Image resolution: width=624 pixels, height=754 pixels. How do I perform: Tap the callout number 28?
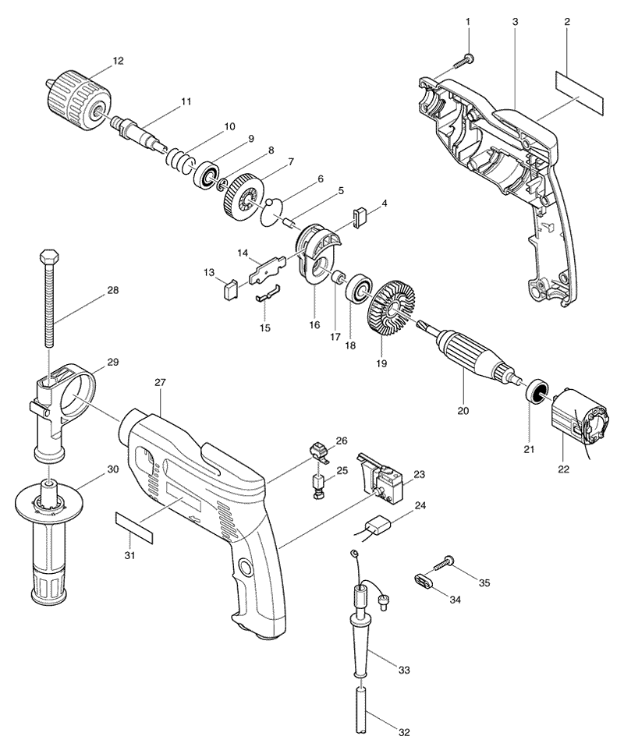pos(113,290)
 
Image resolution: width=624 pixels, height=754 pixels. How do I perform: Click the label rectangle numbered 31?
pos(134,528)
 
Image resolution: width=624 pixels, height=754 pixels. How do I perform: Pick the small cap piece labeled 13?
pos(229,289)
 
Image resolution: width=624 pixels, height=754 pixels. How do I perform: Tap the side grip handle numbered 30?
pos(48,540)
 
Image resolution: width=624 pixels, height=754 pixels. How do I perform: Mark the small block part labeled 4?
pos(360,218)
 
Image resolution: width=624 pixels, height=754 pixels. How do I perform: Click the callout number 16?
pos(314,324)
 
